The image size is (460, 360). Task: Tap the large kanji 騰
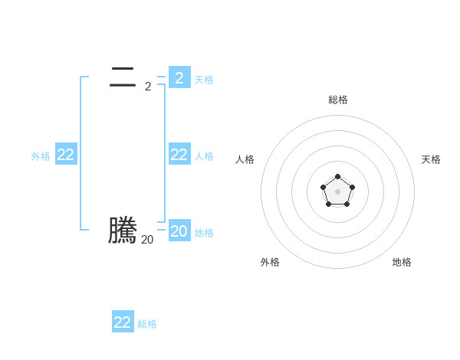[x=123, y=231]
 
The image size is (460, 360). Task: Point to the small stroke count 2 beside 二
[x=147, y=87]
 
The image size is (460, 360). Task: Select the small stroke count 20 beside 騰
[x=147, y=240]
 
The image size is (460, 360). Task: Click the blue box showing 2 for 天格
[x=179, y=77]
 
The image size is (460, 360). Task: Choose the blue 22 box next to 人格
[x=179, y=155]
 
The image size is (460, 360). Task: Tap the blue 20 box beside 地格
[x=179, y=231]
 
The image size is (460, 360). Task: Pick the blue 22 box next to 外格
[x=66, y=155]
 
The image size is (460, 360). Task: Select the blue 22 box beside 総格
[x=123, y=322]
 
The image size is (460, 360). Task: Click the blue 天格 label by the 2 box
[x=204, y=80]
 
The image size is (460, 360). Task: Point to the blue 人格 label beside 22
[x=204, y=156]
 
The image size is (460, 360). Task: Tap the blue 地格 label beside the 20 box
[x=204, y=233]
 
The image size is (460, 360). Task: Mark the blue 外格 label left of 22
[x=41, y=156]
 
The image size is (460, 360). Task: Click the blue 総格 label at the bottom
[x=147, y=324]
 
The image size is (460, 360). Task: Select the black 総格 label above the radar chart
[x=337, y=100]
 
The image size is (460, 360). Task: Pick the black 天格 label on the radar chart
[x=431, y=159]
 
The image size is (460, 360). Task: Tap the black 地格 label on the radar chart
[x=402, y=262]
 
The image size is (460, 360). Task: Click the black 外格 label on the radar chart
[x=270, y=262]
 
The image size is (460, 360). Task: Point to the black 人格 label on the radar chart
[x=245, y=159]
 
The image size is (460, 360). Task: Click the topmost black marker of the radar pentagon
[x=337, y=177]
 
